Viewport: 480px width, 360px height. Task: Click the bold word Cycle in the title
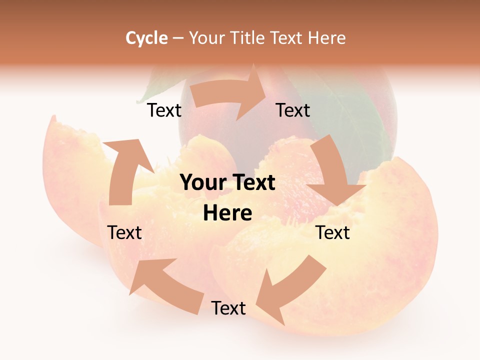coord(146,38)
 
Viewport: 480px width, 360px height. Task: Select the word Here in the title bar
coord(327,38)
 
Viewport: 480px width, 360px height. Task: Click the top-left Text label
coord(164,110)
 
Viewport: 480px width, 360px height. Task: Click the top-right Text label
coord(293,110)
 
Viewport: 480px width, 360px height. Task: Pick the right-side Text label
coord(332,232)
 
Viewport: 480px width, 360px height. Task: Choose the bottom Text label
coord(228,308)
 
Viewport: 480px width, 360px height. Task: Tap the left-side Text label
coord(124,232)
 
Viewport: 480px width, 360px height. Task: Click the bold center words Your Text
coord(227,182)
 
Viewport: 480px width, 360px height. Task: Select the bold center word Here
coord(227,213)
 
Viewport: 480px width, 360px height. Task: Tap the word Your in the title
coord(206,38)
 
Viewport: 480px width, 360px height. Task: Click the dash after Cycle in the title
coord(177,38)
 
